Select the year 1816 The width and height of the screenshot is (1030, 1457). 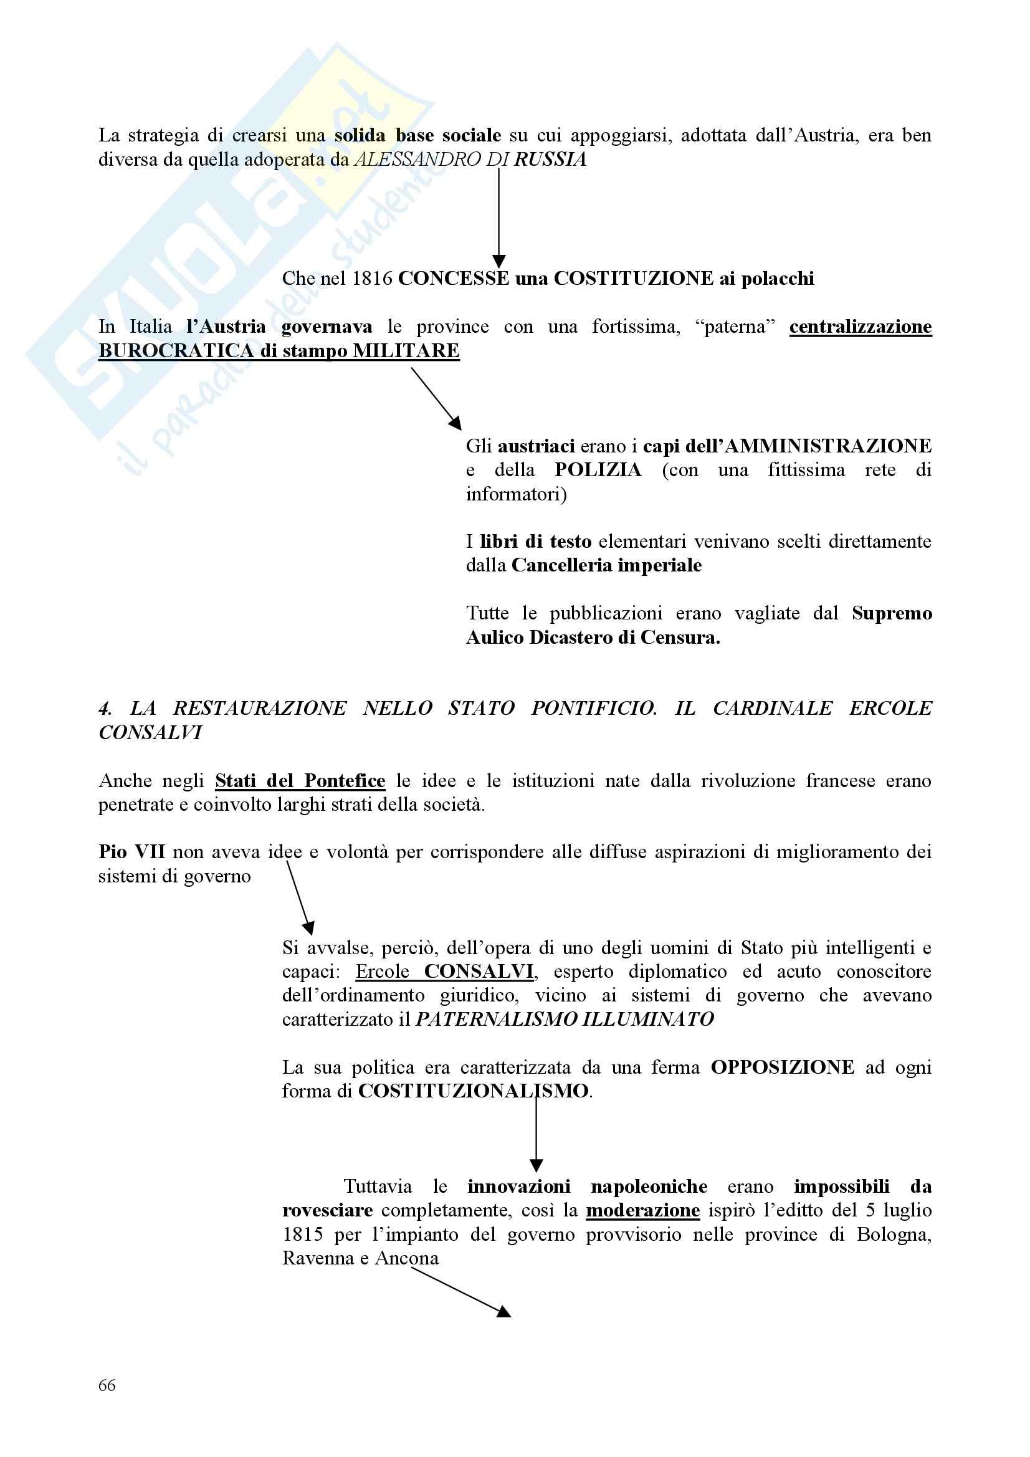373,279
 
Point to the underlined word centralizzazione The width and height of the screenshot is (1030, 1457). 861,327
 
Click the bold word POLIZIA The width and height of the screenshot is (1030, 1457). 598,471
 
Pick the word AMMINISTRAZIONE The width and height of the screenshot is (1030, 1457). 827,446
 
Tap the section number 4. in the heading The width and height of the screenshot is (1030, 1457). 105,708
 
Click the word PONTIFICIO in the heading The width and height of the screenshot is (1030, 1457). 594,708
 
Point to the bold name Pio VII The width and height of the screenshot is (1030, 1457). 131,852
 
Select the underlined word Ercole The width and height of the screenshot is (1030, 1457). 382,972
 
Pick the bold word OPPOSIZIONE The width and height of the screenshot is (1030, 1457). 782,1068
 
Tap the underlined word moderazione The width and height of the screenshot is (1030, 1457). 642,1210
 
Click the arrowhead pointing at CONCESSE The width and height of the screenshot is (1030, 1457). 499,261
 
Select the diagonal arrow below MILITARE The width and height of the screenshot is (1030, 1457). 436,398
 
